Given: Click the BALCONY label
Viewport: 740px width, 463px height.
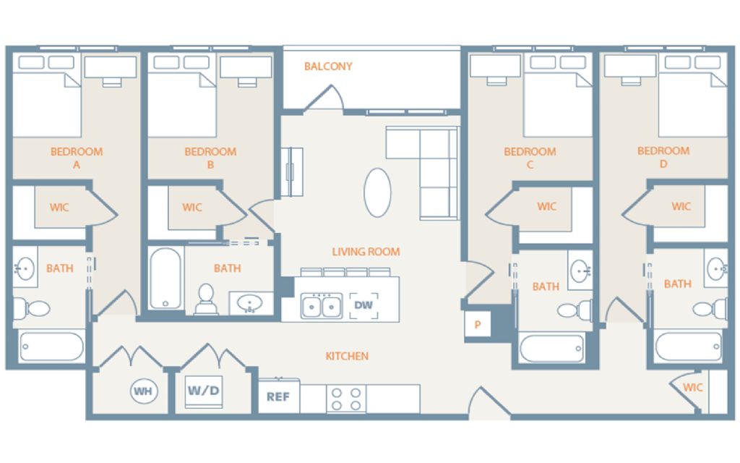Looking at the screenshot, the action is (x=328, y=66).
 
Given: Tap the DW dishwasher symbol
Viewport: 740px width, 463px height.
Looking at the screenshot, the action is (x=363, y=305).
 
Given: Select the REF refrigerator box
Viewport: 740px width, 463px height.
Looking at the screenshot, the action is (x=279, y=396).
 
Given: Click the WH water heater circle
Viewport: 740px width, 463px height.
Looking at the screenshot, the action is (x=144, y=391).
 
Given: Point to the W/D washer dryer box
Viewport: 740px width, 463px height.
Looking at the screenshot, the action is (x=203, y=391).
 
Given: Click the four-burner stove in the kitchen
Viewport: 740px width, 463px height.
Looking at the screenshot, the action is (x=346, y=399).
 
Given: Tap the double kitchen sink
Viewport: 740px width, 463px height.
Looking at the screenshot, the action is (x=322, y=306).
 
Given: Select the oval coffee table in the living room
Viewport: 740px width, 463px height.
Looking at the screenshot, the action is (x=377, y=192).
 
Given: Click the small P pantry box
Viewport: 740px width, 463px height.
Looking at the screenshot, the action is (x=478, y=324).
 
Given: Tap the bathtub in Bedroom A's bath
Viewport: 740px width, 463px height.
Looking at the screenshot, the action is (x=52, y=347).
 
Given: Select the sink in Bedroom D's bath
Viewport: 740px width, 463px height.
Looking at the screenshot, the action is (x=717, y=268).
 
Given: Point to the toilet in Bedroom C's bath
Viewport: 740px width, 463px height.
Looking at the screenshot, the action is (x=575, y=310).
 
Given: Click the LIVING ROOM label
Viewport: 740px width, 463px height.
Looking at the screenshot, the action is (x=366, y=252).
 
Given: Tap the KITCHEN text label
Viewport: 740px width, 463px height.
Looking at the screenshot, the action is (x=347, y=356).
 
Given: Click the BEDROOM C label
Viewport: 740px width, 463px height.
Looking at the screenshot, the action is (x=530, y=158).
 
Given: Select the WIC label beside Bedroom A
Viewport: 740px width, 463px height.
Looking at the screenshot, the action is (x=59, y=207).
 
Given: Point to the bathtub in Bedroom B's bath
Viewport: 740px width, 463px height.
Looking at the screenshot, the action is (x=165, y=279).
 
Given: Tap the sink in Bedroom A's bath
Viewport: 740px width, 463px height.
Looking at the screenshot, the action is (x=24, y=269).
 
